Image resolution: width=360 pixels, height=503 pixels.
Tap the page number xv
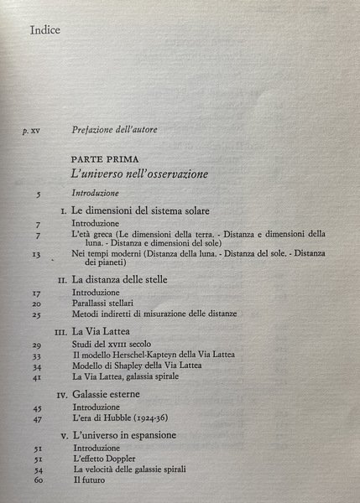coord(35,131)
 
